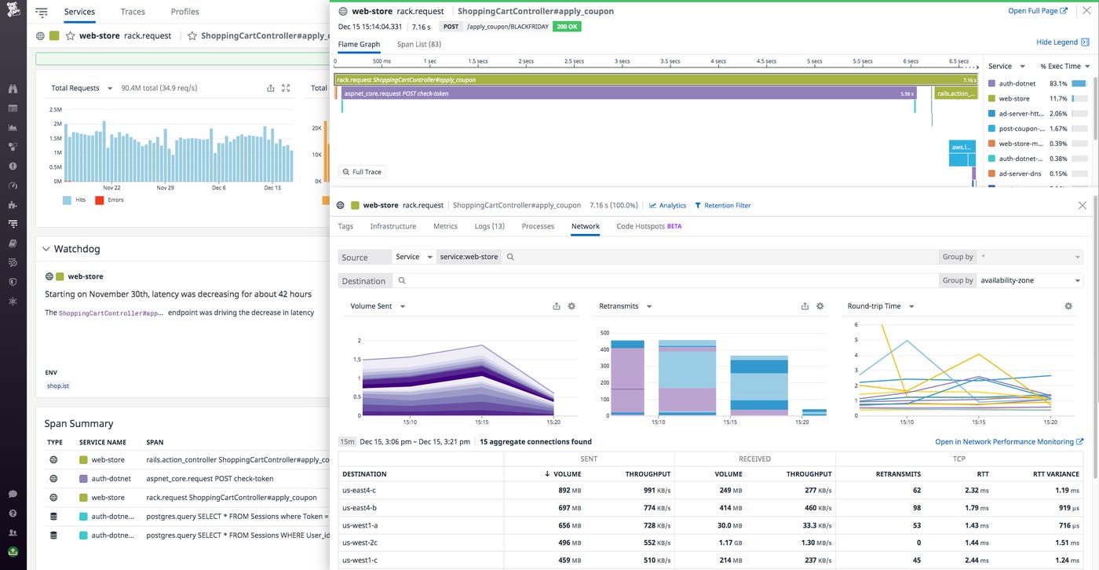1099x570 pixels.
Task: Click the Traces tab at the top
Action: click(x=133, y=12)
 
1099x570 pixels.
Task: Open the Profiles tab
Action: click(x=184, y=12)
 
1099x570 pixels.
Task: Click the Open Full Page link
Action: click(x=1037, y=11)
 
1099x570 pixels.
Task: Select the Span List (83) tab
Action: click(x=418, y=45)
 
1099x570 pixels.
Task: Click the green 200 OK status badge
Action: click(x=566, y=27)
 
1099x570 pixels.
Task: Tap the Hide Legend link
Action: click(x=1057, y=42)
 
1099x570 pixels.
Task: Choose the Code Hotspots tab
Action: click(x=648, y=226)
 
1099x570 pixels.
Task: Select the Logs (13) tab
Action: click(x=489, y=226)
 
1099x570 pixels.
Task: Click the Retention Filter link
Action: click(x=722, y=206)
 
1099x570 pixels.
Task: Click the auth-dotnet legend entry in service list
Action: click(x=1017, y=83)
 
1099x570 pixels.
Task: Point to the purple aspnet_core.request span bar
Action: click(x=628, y=93)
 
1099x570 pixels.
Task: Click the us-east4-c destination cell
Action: click(x=360, y=490)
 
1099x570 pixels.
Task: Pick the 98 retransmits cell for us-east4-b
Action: click(x=914, y=508)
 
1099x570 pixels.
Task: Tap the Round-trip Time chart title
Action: click(x=874, y=306)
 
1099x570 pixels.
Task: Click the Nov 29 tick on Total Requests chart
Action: click(x=165, y=188)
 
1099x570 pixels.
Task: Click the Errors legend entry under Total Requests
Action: click(x=115, y=200)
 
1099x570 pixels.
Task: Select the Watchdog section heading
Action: click(x=76, y=249)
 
